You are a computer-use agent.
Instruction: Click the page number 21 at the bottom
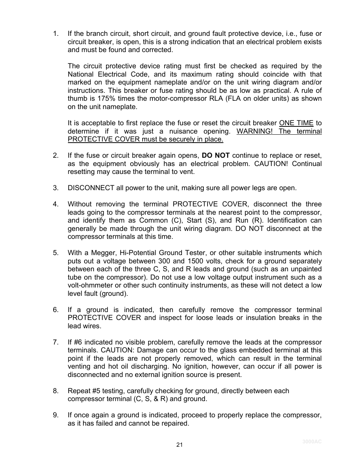point(180,445)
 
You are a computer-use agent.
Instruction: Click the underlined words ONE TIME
point(296,123)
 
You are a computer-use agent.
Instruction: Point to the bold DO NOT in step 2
point(215,155)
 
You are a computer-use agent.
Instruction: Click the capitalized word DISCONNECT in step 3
point(91,188)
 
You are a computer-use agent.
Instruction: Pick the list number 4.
point(55,204)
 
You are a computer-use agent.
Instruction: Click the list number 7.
point(55,342)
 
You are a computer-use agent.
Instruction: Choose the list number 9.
point(55,415)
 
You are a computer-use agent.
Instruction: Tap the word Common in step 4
point(153,220)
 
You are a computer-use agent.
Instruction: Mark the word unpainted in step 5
point(306,269)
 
